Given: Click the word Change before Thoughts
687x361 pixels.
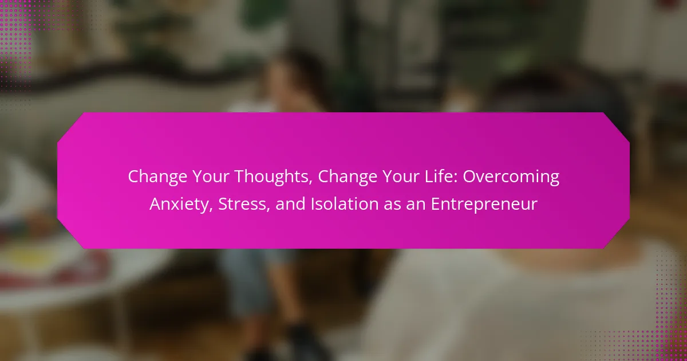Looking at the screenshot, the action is pos(157,177).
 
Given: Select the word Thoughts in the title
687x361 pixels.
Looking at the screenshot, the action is pos(273,177).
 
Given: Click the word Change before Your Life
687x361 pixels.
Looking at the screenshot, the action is pos(348,177).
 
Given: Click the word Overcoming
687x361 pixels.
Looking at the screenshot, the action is pos(511,177).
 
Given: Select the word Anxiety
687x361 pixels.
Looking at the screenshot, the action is pos(179,205).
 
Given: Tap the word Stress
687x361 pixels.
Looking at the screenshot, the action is pos(242,204).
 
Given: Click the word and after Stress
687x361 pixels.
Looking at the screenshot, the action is pos(291,204).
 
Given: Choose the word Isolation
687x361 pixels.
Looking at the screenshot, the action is pos(345,204).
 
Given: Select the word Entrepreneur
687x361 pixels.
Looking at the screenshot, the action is pos(484,205).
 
